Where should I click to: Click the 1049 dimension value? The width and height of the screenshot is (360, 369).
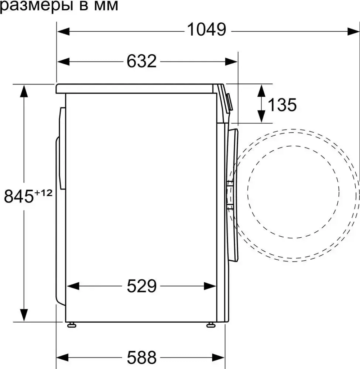pos(206,30)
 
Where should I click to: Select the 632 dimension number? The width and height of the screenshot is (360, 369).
pos(141,61)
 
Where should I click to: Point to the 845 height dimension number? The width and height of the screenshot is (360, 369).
pos(19,197)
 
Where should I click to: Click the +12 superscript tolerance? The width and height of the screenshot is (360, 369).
pos(43,193)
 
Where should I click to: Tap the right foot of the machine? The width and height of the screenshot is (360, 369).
pos(210,325)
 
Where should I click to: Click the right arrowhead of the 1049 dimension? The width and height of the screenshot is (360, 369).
pos(351,31)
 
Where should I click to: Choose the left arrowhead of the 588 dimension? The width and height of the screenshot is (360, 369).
pos(63,357)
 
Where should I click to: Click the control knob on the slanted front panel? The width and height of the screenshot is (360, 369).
pos(229,102)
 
